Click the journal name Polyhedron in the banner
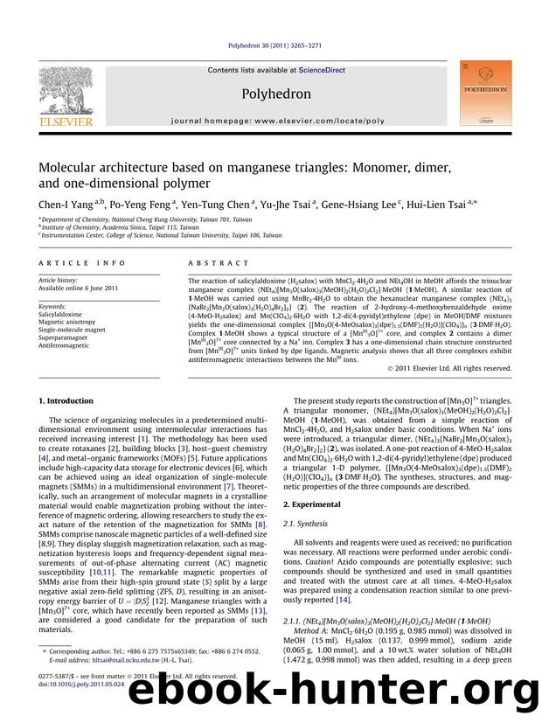click(x=273, y=92)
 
